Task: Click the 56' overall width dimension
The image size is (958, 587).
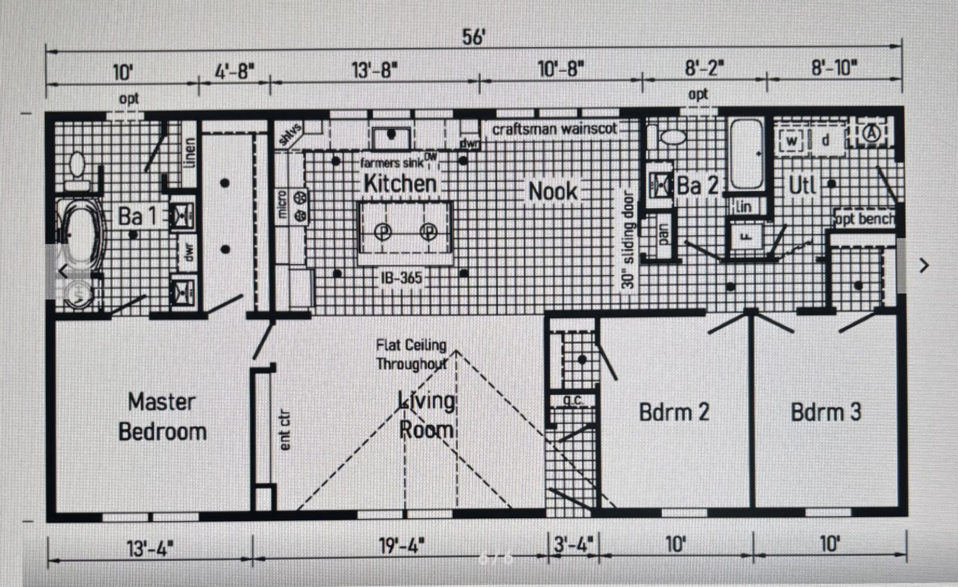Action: tap(473, 38)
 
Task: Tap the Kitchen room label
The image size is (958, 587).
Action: tap(400, 184)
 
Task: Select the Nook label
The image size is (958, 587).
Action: tap(553, 191)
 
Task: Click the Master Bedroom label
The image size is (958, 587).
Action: tap(162, 417)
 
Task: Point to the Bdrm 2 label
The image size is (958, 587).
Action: tap(674, 412)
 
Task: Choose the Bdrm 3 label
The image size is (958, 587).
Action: tap(826, 412)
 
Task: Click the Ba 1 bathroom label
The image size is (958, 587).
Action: tap(137, 216)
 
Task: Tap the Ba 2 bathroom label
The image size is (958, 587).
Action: tap(697, 185)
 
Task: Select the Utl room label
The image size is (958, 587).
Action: tap(802, 186)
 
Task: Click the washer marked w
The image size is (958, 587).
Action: tap(791, 141)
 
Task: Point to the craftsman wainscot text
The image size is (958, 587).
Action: tap(555, 129)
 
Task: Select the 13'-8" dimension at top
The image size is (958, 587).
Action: tap(375, 71)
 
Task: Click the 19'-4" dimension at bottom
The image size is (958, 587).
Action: tap(402, 546)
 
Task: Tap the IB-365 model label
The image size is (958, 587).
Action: tap(402, 278)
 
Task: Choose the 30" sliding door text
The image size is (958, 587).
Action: tap(628, 240)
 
